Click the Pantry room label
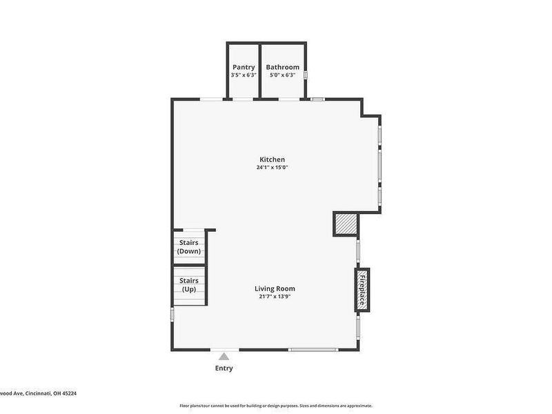coord(244,67)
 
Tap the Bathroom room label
coord(283,67)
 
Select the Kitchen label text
coord(272,159)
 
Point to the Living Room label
coord(275,288)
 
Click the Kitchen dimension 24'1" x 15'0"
coord(272,167)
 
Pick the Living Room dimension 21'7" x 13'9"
coord(275,297)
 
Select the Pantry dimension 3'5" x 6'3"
coord(244,75)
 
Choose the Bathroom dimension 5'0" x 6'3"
coord(283,75)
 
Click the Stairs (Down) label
coord(189,247)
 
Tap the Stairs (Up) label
coord(189,285)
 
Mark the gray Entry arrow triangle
coord(224,356)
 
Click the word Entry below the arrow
coord(224,368)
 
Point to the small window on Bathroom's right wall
coord(306,75)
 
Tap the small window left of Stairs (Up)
coord(172,313)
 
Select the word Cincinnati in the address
coord(39,394)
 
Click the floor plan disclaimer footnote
coord(276,406)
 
